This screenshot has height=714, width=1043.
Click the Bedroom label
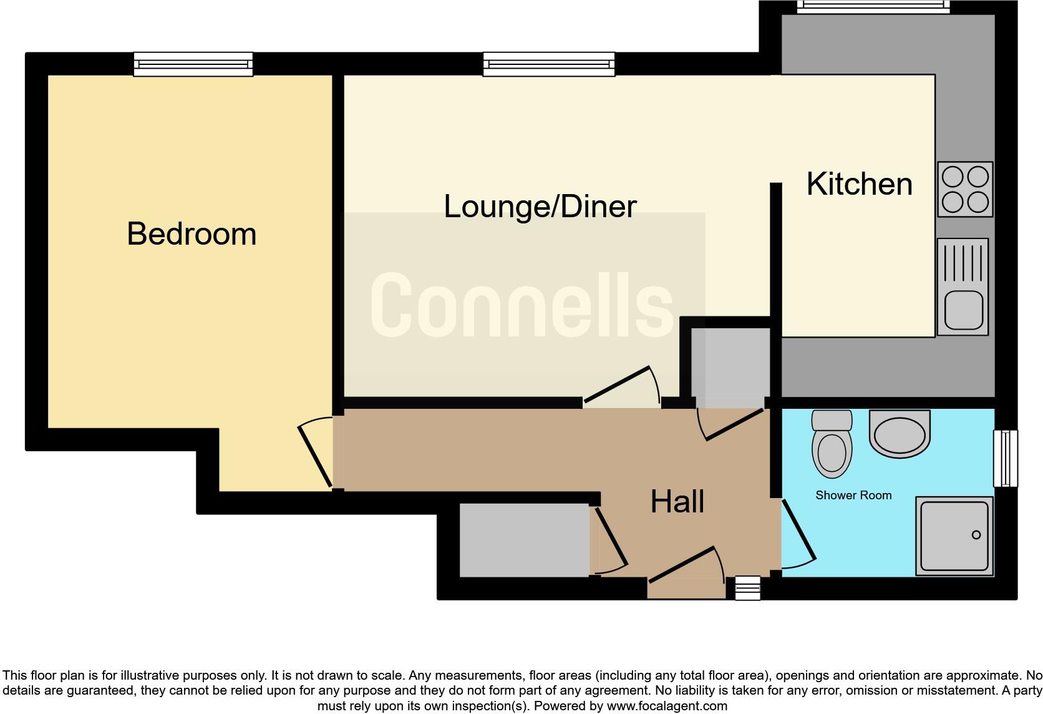(192, 234)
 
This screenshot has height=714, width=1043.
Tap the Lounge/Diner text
(540, 207)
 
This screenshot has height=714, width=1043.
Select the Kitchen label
(859, 184)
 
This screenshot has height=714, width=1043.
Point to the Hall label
(677, 502)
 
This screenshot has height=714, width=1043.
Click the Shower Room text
(853, 496)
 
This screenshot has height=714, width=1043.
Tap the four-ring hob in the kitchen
(965, 189)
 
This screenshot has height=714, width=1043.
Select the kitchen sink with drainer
(963, 286)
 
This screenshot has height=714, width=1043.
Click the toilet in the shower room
(832, 444)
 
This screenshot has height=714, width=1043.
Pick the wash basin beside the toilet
(899, 433)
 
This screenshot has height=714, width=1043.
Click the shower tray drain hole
(976, 534)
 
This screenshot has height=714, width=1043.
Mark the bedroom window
(193, 64)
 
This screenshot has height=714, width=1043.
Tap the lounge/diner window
(549, 64)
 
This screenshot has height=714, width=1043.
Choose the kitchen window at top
(873, 7)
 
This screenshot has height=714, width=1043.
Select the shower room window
(1005, 458)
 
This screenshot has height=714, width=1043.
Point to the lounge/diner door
(618, 385)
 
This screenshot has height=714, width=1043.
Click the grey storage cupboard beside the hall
(524, 540)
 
